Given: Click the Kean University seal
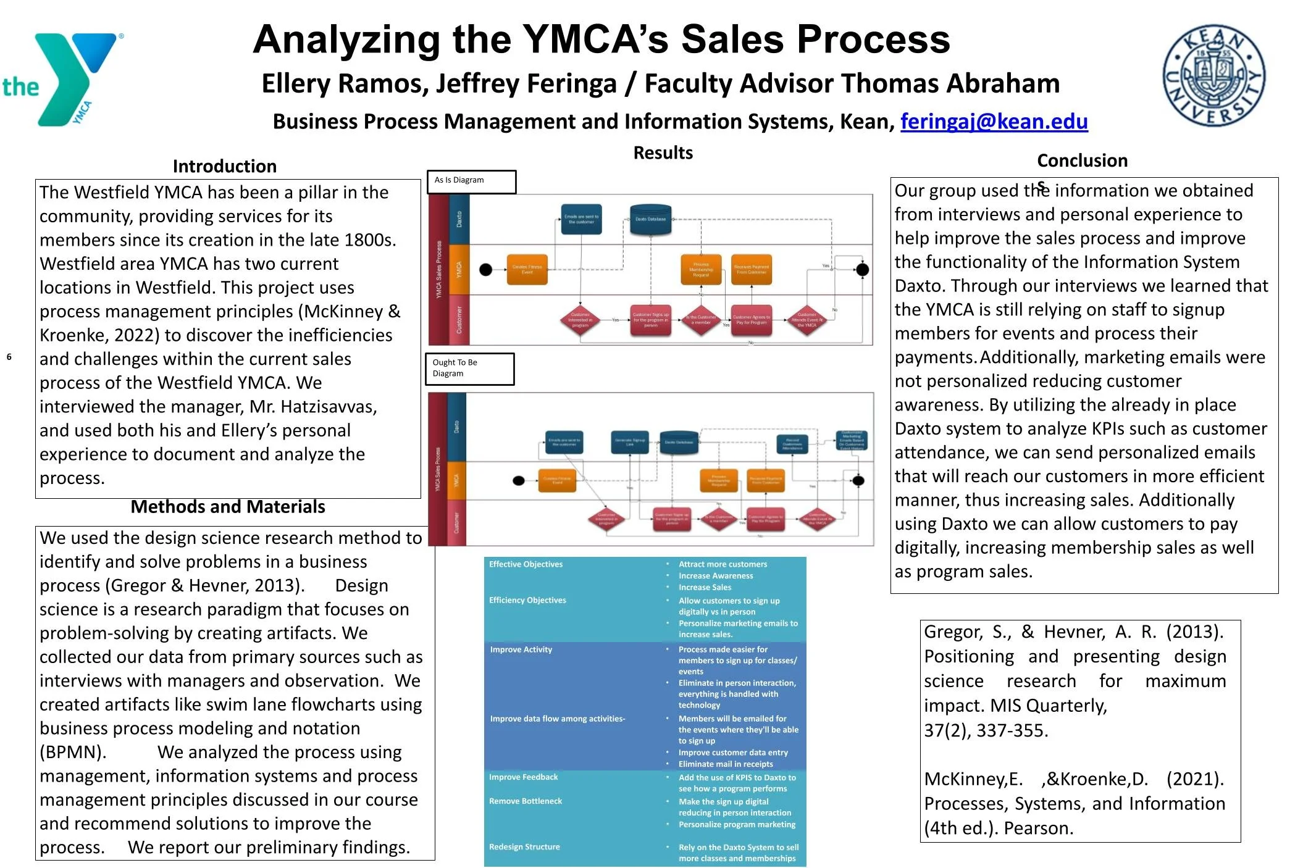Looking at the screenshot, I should tap(1213, 76).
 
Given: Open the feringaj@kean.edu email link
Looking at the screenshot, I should tap(994, 122).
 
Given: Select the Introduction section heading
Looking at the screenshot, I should tap(225, 166).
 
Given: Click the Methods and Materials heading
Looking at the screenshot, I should tap(228, 507).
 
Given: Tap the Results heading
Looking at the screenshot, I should tap(663, 152).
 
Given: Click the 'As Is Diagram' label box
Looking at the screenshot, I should tap(471, 182).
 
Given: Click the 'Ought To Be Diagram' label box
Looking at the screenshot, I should tap(469, 369).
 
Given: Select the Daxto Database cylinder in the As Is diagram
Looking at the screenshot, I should tap(650, 219).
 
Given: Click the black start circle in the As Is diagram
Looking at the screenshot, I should tap(486, 269).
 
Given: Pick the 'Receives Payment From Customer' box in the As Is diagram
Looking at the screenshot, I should tap(751, 270).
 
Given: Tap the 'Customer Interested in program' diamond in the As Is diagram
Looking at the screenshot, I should tap(580, 320).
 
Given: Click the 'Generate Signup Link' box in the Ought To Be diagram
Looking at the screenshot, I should tap(630, 442).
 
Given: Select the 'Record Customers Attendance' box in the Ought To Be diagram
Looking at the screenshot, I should tap(792, 443).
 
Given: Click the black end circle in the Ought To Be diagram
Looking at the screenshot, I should tap(858, 481).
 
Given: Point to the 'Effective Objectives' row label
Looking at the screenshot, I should tap(526, 564).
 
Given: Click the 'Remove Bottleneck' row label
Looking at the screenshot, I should tap(526, 801).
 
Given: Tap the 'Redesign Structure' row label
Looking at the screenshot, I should tap(524, 847).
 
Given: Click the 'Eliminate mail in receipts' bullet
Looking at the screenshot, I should tap(725, 764).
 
